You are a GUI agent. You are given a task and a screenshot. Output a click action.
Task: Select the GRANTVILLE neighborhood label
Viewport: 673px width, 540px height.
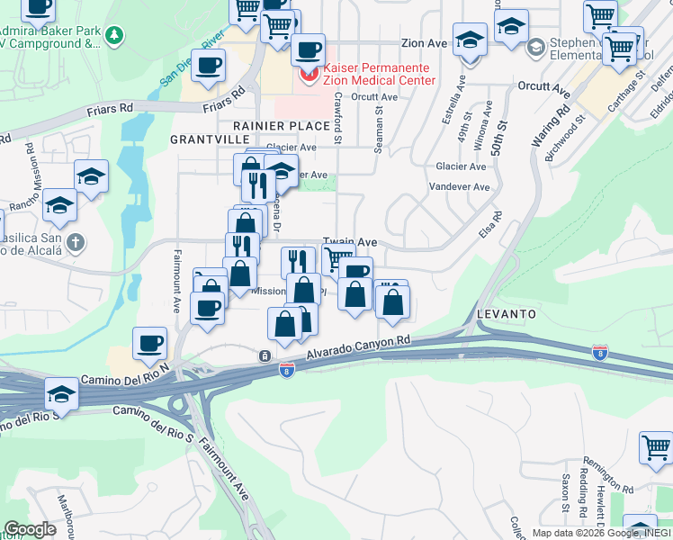(x=209, y=140)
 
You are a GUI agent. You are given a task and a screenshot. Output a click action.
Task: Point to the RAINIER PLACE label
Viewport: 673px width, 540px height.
(x=282, y=126)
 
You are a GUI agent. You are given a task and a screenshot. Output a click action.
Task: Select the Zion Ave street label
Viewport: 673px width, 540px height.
(x=424, y=42)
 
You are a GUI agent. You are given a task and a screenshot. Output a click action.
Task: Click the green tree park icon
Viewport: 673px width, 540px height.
(x=114, y=35)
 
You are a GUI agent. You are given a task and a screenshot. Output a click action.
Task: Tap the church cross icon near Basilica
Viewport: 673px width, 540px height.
(x=76, y=241)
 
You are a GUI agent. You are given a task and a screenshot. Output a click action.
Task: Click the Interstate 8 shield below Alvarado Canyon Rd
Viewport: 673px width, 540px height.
(x=285, y=371)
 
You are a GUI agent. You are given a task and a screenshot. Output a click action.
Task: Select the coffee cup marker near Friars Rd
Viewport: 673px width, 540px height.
(x=209, y=67)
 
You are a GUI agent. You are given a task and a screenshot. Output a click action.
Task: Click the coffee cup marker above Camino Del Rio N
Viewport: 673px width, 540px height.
(x=150, y=344)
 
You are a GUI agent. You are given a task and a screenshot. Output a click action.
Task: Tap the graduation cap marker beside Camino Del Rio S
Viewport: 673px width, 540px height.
(x=61, y=395)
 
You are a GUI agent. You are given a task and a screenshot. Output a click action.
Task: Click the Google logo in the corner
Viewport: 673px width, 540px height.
(x=30, y=529)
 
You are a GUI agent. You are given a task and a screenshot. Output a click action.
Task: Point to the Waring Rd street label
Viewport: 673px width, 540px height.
(x=551, y=127)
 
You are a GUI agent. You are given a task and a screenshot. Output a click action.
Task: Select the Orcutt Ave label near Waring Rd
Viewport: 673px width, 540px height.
(x=544, y=88)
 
